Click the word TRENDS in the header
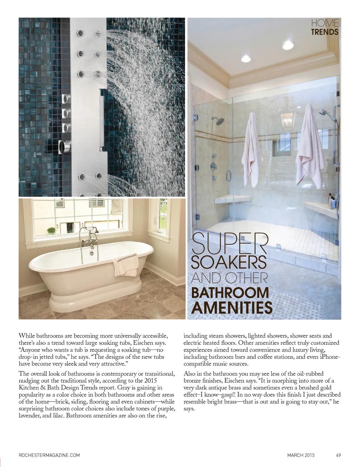point(325,32)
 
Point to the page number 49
point(338,455)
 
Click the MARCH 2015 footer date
point(301,455)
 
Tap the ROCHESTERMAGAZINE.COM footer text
point(49,455)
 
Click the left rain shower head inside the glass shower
point(220,122)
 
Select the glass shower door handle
point(228,175)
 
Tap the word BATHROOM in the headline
point(230,292)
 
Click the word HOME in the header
point(325,24)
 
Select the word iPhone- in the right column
point(328,357)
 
